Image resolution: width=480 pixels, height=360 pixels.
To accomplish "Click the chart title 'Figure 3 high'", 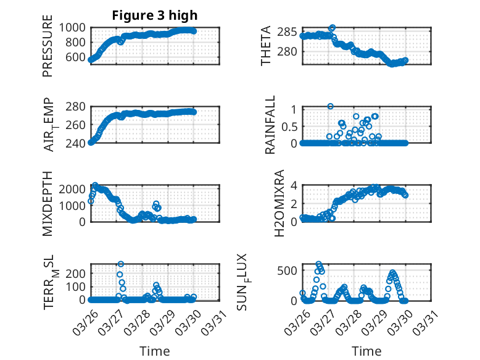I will pos(155,15).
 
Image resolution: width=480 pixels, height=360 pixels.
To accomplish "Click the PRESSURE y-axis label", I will pos(48,49).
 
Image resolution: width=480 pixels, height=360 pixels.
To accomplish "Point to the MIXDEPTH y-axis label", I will pos(48,203).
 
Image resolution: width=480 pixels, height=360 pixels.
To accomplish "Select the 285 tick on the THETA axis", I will pos(287,32).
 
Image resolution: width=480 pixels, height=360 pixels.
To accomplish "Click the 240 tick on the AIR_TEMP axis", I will pos(78,143).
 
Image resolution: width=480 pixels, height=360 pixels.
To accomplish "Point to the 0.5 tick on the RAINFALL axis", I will pos(289,126).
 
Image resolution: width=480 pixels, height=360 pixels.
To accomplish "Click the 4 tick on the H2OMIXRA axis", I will pos(295,185).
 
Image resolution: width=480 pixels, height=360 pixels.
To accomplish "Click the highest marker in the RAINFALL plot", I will pos(331,106).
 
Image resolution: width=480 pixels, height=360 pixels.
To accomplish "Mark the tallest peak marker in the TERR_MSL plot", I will pos(120,264).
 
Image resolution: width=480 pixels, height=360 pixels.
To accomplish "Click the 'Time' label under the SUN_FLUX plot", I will pos(366,351).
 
